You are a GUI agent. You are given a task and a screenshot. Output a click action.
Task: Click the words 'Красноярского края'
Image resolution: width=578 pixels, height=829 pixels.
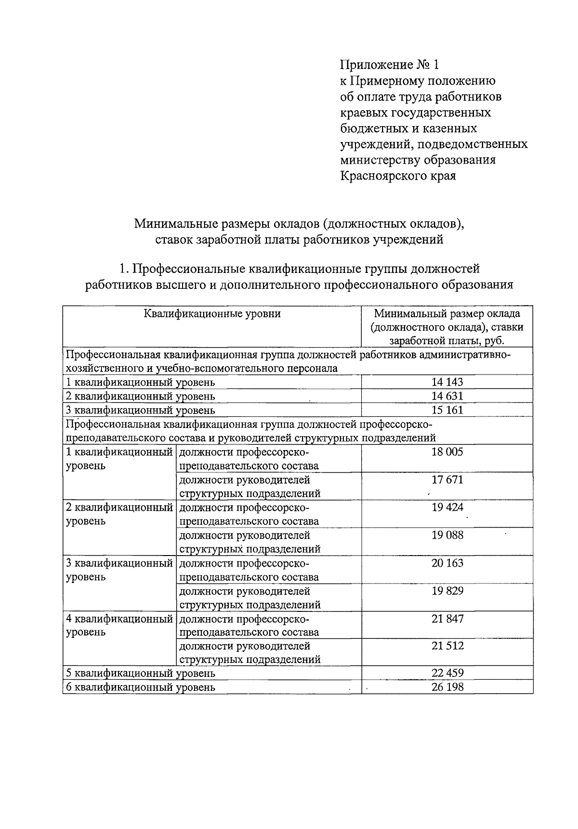[x=398, y=176]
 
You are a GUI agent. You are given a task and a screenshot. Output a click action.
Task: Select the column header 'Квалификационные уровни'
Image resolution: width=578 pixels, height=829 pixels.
[x=212, y=314]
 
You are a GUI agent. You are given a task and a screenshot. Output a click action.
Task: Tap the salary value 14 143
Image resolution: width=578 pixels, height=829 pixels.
[x=447, y=382]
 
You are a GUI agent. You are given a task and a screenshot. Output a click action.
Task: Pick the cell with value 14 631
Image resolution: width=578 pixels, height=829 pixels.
[x=447, y=396]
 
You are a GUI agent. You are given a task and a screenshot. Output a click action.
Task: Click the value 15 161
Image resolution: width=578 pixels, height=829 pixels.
[x=447, y=410]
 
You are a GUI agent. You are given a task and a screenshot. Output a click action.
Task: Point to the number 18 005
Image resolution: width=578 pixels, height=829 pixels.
[x=447, y=452]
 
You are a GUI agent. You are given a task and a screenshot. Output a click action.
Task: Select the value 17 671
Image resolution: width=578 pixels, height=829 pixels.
[x=447, y=480]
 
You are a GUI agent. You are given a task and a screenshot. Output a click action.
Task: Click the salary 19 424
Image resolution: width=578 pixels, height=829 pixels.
[x=447, y=507]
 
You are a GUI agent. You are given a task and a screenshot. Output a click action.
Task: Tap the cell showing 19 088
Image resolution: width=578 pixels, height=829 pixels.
[x=447, y=535]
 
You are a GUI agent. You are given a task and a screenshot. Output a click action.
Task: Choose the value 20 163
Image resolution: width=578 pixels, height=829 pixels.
[x=447, y=563]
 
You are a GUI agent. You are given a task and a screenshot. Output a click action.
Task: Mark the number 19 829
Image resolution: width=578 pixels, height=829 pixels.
[x=447, y=591]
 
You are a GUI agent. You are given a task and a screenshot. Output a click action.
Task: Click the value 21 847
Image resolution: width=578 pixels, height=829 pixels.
[x=447, y=619]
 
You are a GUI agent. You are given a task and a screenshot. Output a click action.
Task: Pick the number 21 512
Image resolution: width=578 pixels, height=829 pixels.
[x=447, y=646]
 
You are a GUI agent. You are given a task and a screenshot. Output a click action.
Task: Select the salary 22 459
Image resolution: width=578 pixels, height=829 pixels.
[x=447, y=673]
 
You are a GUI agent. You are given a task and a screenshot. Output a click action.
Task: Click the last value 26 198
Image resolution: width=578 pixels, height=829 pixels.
[x=447, y=687]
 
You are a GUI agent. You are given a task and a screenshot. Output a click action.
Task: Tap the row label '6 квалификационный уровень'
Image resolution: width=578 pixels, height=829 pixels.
[x=140, y=687]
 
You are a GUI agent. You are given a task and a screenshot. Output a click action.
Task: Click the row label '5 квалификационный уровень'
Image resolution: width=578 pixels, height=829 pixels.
[x=140, y=674]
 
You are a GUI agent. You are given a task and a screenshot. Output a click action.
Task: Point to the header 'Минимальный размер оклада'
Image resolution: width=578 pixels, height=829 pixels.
[x=447, y=314]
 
